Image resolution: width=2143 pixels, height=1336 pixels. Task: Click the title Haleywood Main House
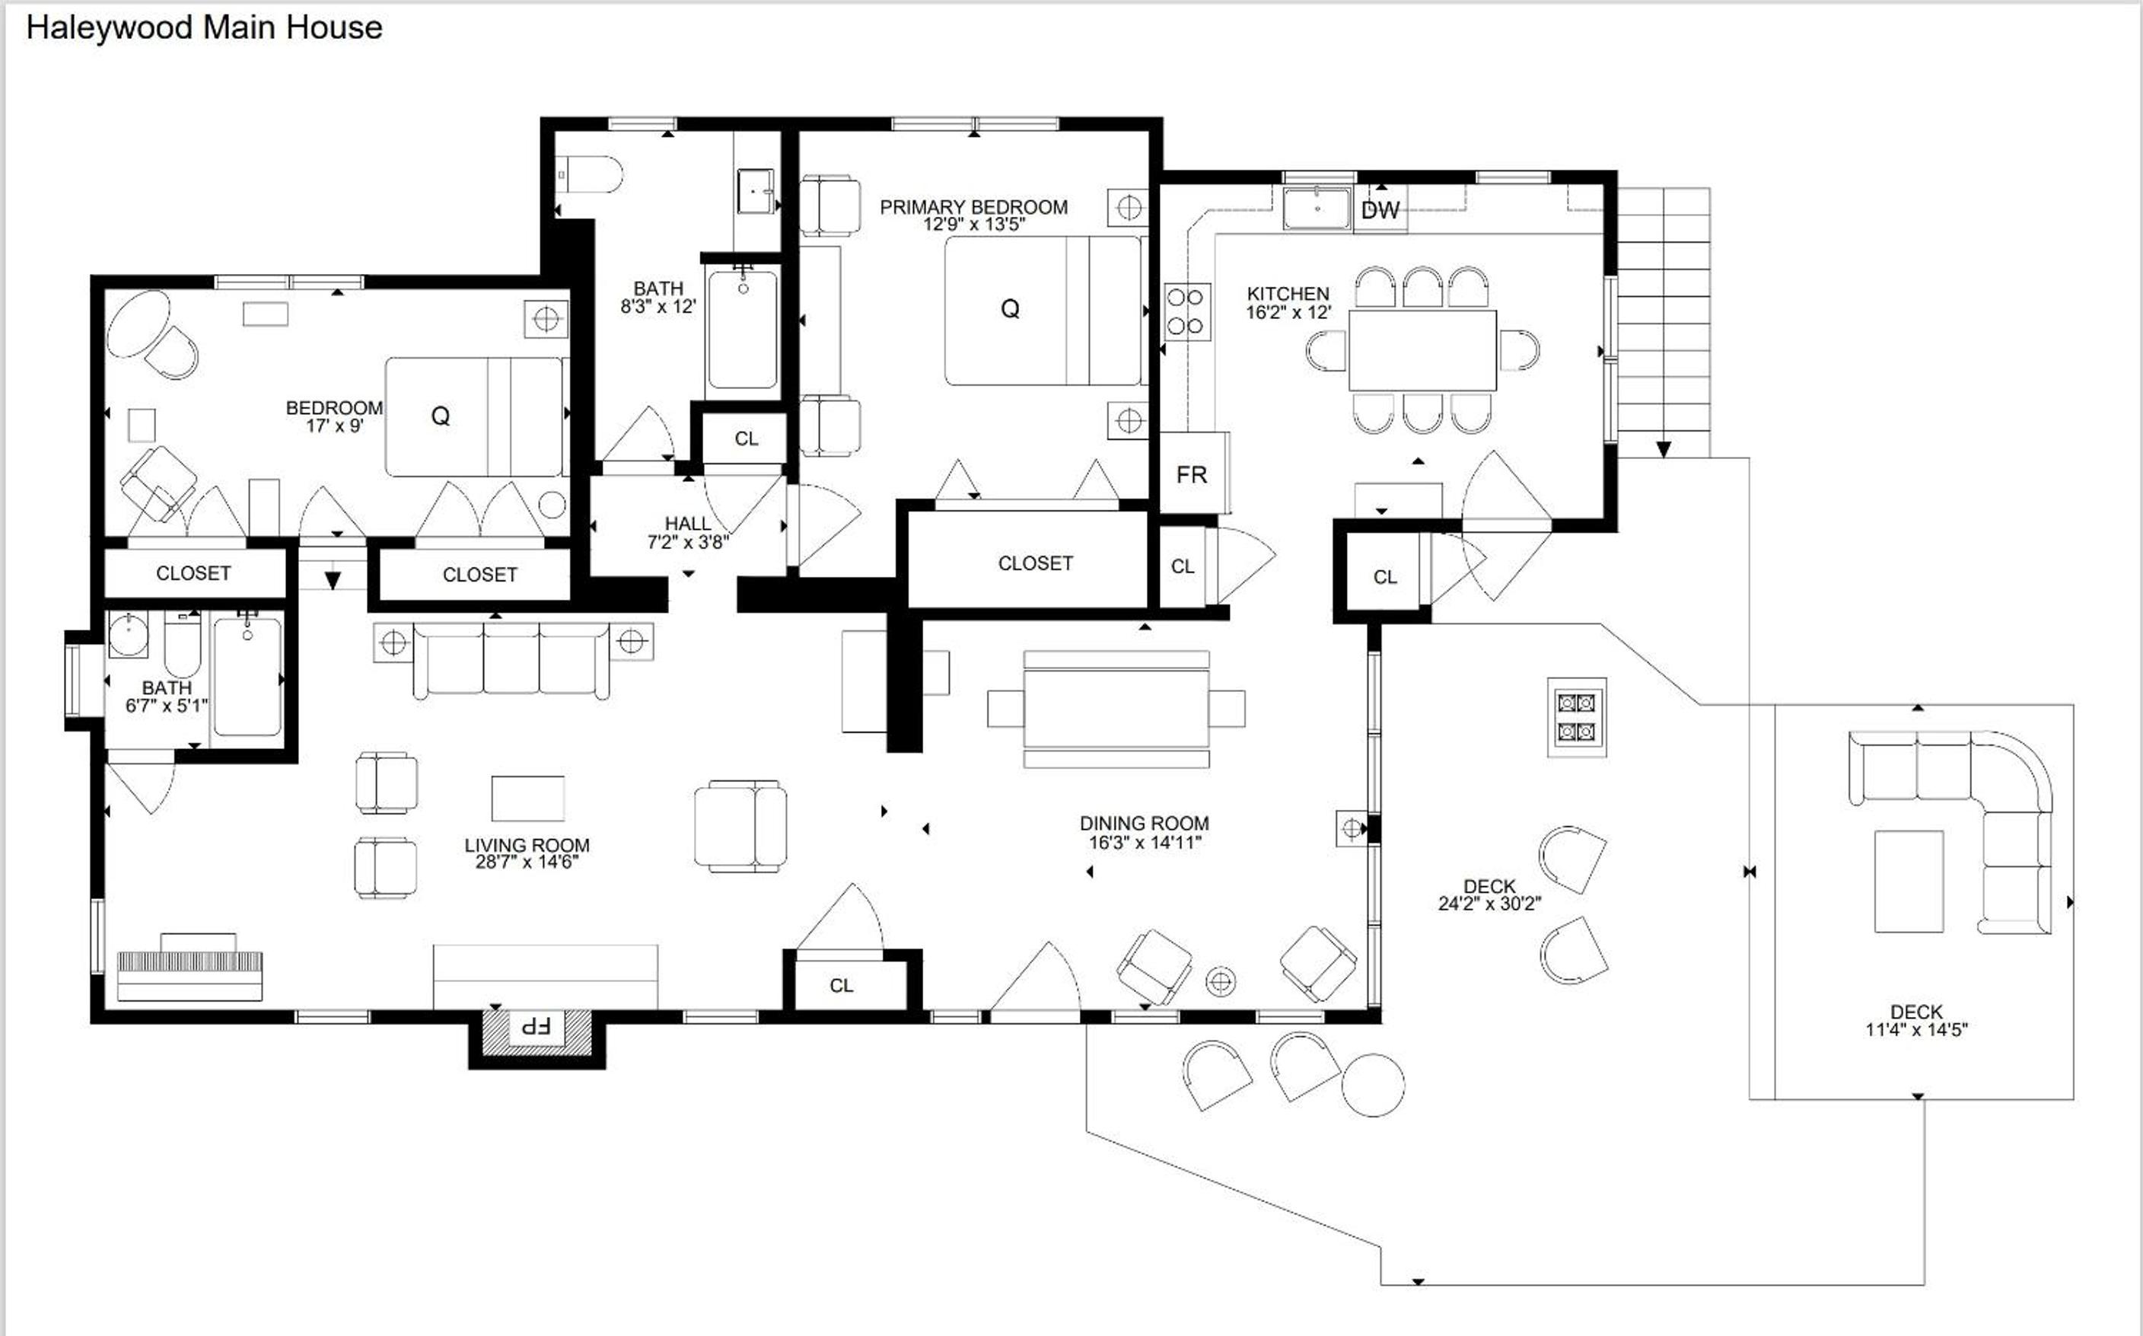204,27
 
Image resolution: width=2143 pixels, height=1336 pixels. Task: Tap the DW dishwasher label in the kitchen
1380,210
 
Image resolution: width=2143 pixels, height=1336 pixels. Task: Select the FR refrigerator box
1193,473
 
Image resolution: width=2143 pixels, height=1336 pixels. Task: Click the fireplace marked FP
537,1029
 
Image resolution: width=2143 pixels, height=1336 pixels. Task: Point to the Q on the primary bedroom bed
1010,308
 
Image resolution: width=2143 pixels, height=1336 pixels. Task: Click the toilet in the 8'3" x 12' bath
590,175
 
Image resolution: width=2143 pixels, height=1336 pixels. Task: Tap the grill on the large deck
1577,717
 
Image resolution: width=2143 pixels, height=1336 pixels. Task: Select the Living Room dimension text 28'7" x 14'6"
527,863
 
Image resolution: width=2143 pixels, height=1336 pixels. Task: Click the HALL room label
687,524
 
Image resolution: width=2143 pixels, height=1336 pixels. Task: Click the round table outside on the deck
1373,1085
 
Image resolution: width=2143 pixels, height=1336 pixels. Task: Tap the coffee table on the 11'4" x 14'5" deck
1909,881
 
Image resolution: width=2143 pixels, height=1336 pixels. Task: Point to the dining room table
1116,709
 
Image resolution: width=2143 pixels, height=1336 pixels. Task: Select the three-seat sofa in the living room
511,660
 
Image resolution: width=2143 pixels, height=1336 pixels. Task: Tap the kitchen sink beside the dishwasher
1317,209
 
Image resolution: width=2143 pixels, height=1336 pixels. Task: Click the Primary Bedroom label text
973,207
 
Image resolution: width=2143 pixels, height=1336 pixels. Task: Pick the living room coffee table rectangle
528,799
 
